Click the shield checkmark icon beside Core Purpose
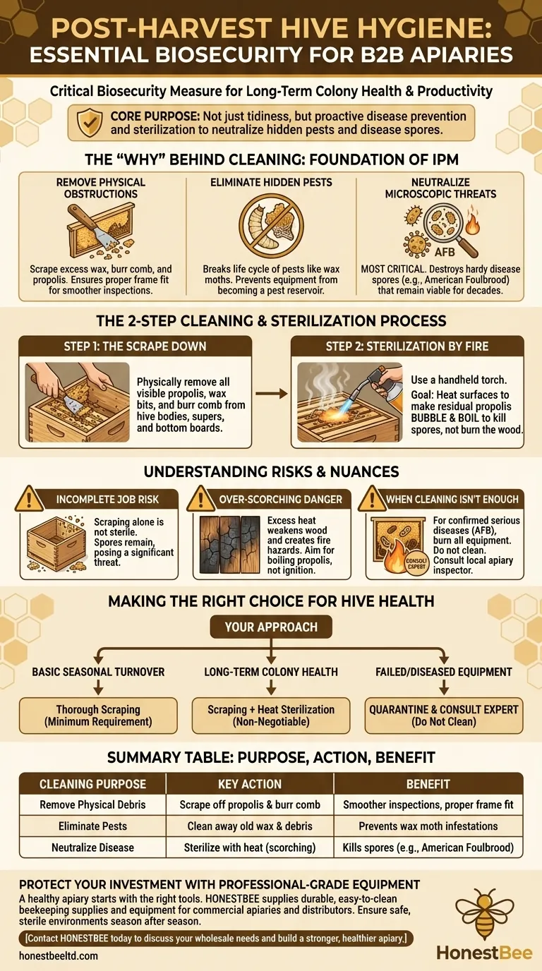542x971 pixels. (x=90, y=123)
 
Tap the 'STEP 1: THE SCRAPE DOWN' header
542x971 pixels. (x=135, y=346)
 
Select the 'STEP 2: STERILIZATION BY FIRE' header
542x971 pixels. (x=407, y=346)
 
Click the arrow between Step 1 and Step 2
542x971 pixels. (x=272, y=394)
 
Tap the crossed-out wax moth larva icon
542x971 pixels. (x=272, y=225)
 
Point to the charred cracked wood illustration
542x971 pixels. (x=229, y=545)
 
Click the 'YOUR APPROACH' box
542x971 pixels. (x=271, y=627)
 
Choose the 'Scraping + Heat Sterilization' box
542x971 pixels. (x=271, y=716)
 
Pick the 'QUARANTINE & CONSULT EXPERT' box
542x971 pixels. (x=444, y=716)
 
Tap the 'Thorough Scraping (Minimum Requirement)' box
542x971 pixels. (x=98, y=716)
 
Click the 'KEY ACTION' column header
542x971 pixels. (x=250, y=784)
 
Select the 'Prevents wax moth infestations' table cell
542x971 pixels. (x=428, y=826)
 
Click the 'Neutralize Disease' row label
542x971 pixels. (x=92, y=848)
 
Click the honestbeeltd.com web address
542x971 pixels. (x=59, y=955)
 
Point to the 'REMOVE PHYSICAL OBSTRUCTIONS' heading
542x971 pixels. (x=101, y=188)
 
